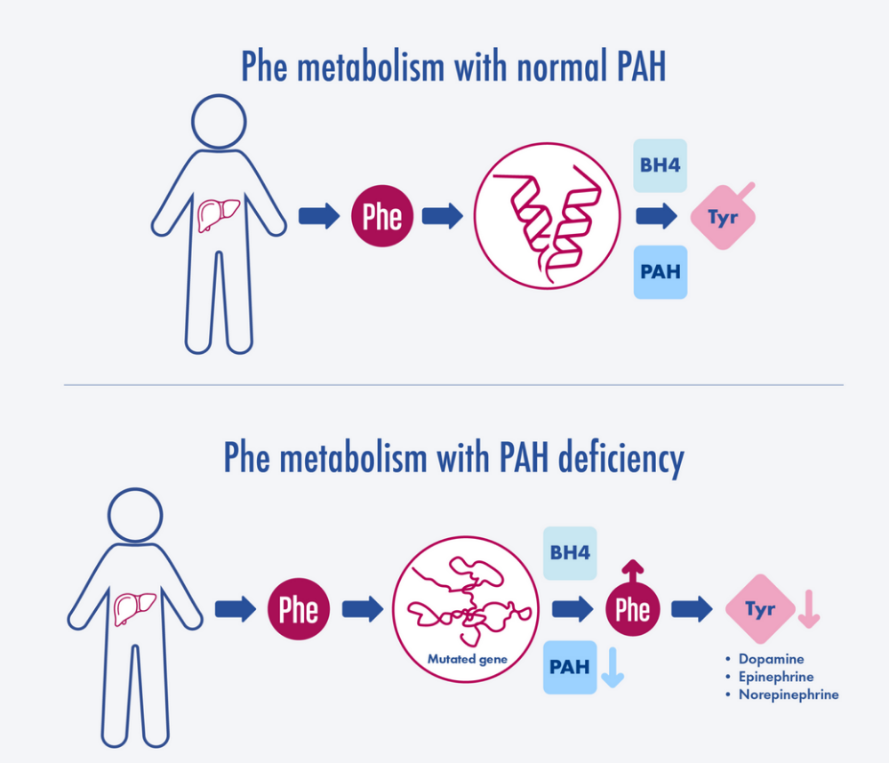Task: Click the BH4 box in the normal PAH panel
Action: click(x=660, y=165)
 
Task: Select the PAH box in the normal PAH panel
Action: click(x=660, y=271)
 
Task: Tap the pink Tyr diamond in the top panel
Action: click(x=723, y=217)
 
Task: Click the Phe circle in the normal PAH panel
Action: click(x=382, y=216)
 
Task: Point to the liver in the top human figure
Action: click(x=218, y=214)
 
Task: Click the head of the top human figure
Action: click(x=219, y=121)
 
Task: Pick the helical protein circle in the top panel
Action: click(x=545, y=216)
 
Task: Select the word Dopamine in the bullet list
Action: click(x=771, y=659)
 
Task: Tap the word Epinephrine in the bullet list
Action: click(x=776, y=677)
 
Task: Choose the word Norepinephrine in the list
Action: click(x=788, y=695)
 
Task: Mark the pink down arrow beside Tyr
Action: click(x=808, y=609)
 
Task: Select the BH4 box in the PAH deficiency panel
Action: click(x=570, y=552)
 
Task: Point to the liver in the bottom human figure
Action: click(x=134, y=609)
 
